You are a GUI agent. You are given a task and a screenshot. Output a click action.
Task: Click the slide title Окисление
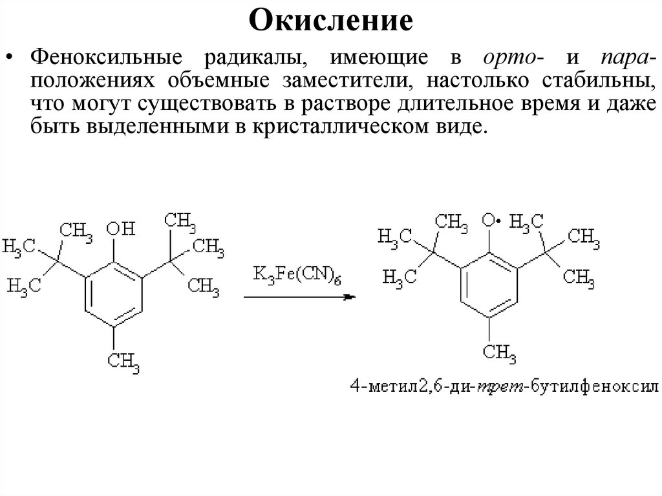coord(330,21)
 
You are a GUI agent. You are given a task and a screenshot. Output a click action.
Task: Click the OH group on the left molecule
coord(120,228)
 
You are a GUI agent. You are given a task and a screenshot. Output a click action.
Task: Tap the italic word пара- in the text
coord(626,59)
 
